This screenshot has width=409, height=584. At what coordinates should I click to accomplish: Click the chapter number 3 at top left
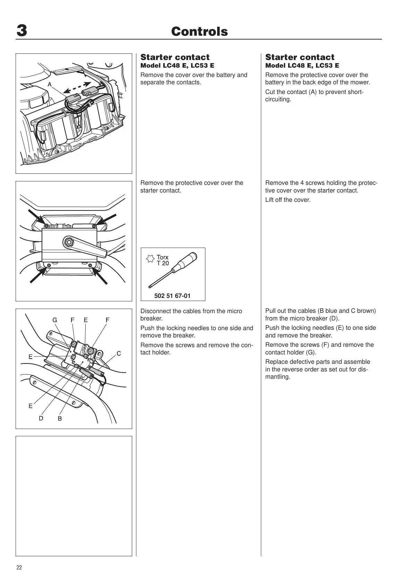(22, 31)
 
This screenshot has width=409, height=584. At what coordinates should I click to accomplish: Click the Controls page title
(199, 32)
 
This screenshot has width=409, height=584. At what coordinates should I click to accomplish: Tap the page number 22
(19, 568)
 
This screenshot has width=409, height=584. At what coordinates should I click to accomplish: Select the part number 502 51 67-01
(172, 296)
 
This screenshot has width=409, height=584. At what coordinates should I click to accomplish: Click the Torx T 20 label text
(163, 260)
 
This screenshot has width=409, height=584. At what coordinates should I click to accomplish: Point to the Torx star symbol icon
(150, 259)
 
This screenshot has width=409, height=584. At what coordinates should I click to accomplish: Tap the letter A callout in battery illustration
(50, 84)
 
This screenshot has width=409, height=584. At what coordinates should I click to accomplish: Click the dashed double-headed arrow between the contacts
(77, 88)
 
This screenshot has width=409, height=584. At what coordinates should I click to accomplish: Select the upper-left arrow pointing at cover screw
(36, 217)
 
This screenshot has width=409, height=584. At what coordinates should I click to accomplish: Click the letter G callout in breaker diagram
(55, 320)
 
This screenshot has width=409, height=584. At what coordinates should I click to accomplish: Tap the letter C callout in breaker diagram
(119, 354)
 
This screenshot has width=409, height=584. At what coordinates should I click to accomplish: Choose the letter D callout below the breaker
(41, 418)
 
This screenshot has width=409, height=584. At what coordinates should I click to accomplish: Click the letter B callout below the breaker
(60, 419)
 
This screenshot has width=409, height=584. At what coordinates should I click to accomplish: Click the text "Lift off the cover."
(288, 200)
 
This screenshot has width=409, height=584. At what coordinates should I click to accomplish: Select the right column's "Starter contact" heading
(300, 57)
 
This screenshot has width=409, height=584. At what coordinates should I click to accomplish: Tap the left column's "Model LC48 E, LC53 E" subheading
(177, 66)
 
